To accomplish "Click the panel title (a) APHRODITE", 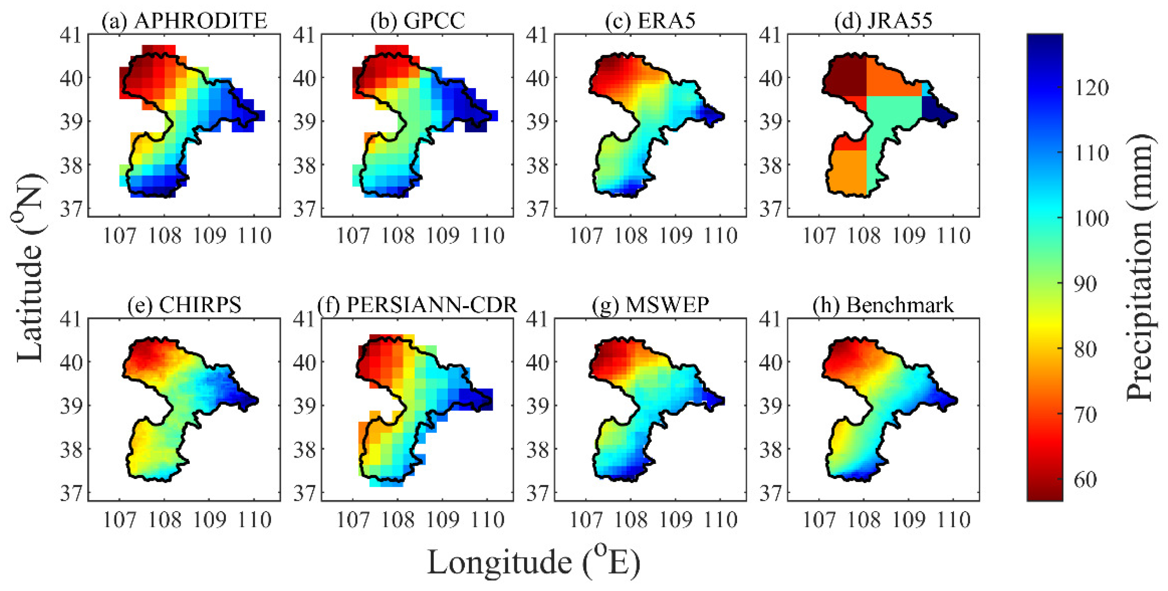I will [x=184, y=21].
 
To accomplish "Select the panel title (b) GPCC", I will [x=418, y=21].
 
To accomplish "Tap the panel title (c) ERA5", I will [x=650, y=21].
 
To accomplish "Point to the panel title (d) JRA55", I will [x=883, y=21].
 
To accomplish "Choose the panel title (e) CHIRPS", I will [x=184, y=305].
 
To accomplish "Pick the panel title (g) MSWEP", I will [x=650, y=305].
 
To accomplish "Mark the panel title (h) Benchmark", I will [x=883, y=305].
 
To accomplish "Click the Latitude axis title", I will [x=30, y=267].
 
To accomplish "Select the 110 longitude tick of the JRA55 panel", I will [x=954, y=236].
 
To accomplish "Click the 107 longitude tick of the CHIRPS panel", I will [x=119, y=520].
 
